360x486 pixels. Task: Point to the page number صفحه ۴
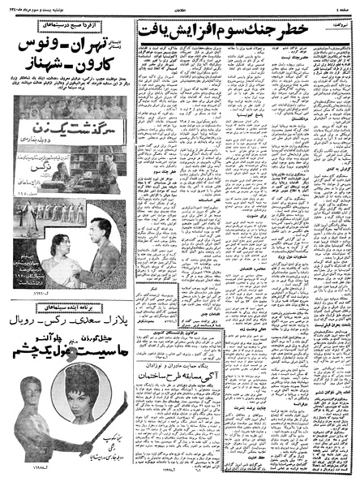344,6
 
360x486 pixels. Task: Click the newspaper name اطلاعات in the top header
179,6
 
